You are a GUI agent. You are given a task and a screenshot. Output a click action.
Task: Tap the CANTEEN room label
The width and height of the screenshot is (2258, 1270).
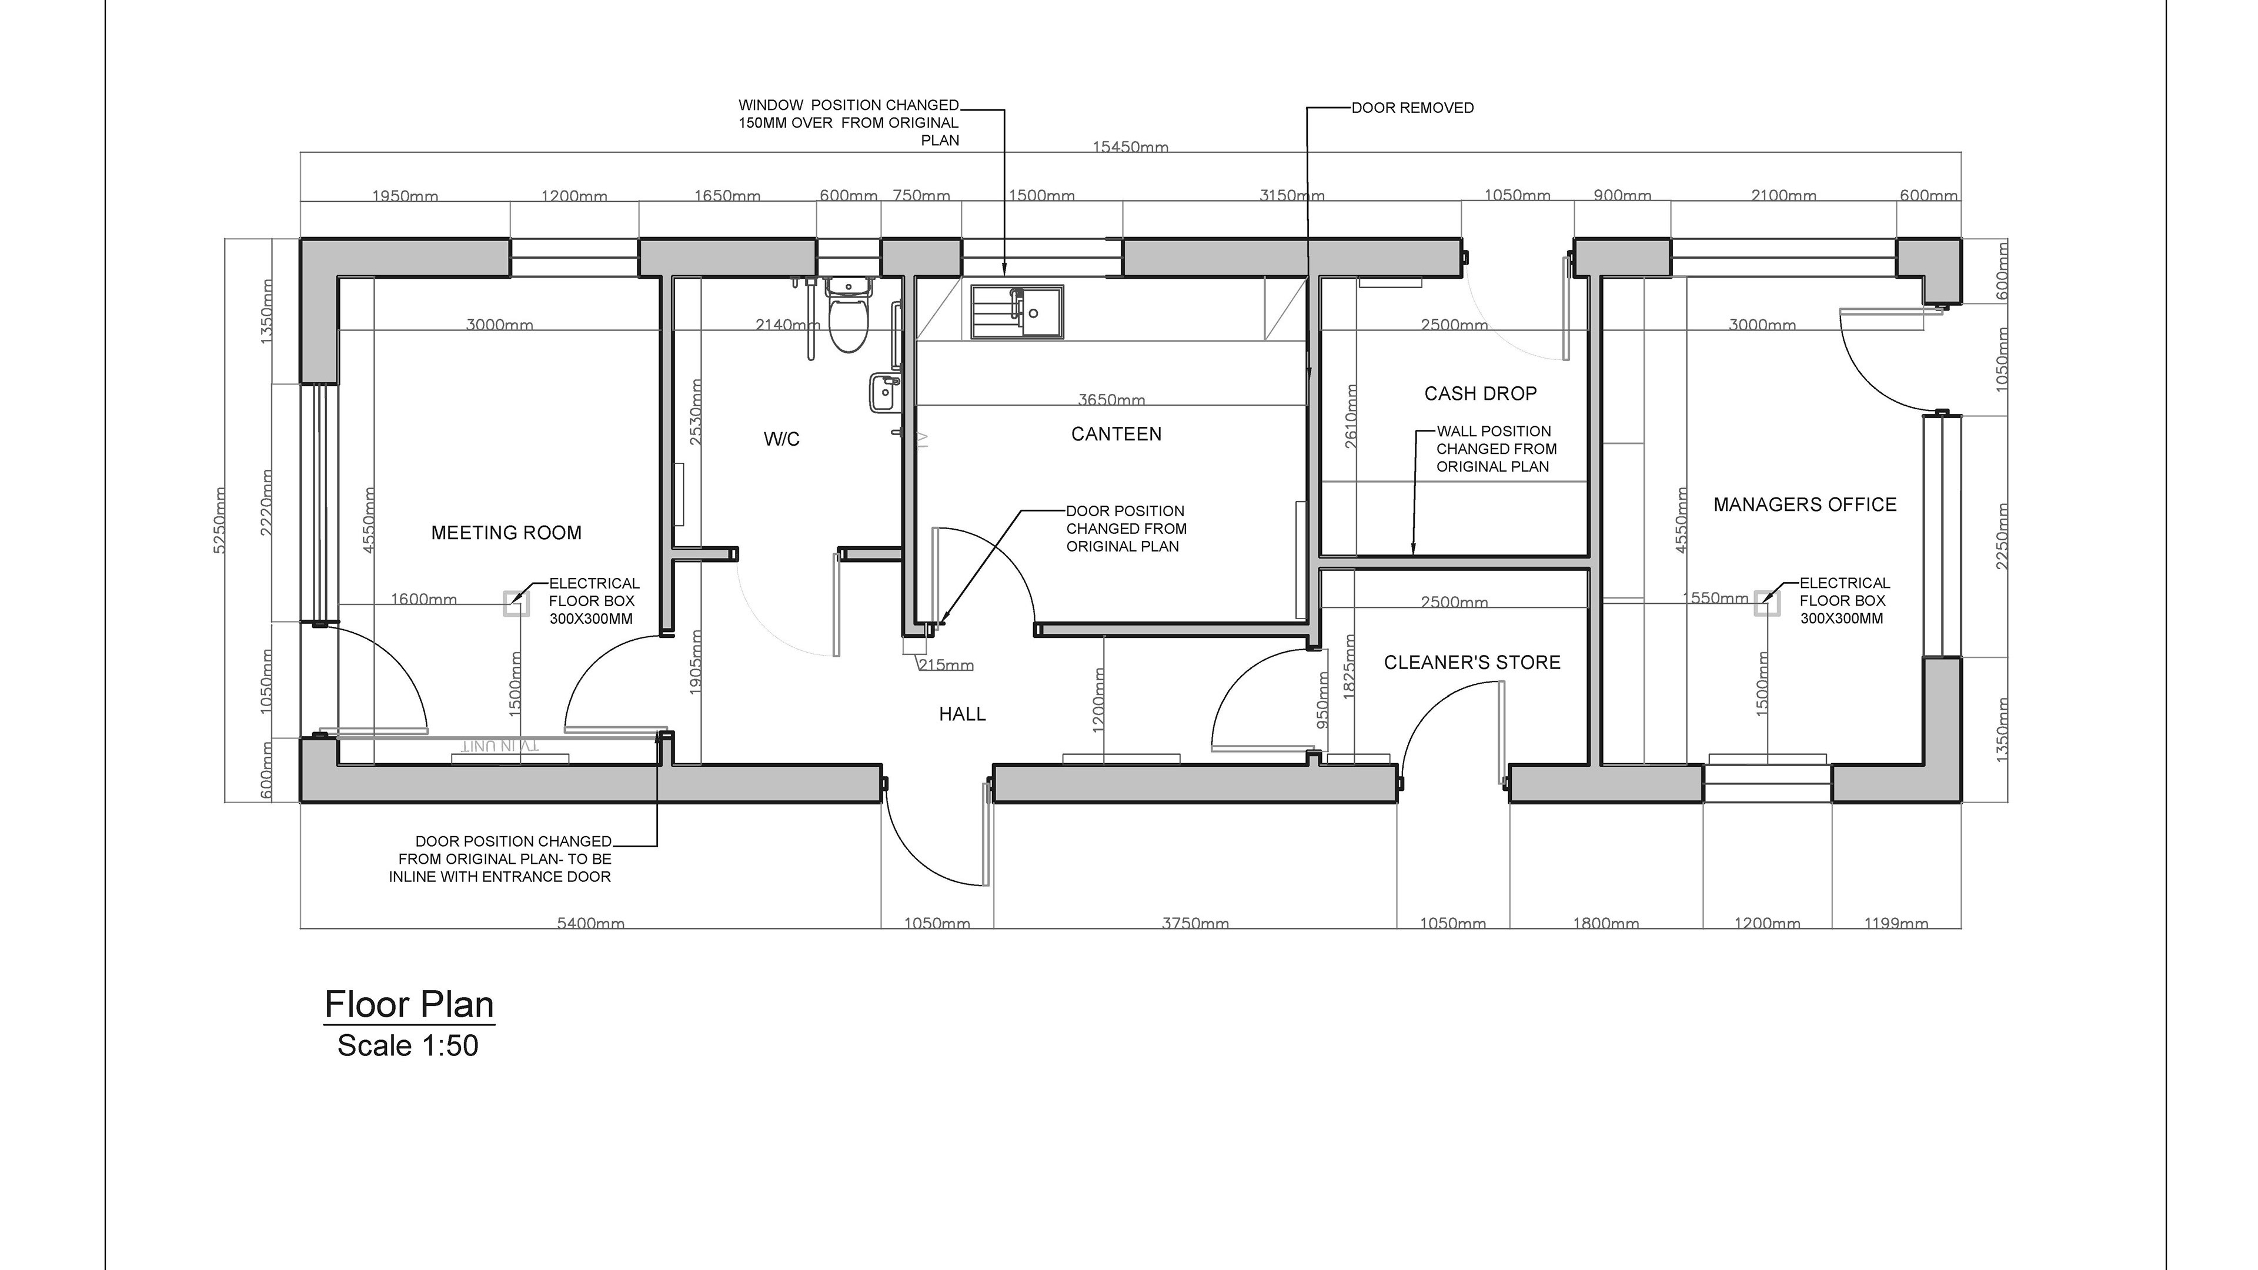(x=1116, y=434)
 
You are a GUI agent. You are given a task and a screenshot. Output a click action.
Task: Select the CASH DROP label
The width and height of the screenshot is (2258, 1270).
(x=1481, y=393)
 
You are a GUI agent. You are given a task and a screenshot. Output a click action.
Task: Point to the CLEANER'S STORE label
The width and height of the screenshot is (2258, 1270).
(x=1472, y=663)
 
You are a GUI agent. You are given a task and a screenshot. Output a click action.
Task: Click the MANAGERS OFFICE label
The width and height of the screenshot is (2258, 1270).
(x=1805, y=505)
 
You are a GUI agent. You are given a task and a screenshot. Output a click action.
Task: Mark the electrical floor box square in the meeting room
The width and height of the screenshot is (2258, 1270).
(x=516, y=603)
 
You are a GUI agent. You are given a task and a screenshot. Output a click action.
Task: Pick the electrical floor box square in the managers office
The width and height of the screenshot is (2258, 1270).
(x=1766, y=603)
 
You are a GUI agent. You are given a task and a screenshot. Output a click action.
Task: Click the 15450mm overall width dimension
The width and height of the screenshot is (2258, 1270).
(x=1130, y=147)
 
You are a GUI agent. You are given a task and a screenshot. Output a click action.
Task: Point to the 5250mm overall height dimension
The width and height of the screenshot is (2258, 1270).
(x=220, y=520)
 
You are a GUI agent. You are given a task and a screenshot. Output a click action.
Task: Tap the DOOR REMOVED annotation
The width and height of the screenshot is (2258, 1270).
(x=1412, y=108)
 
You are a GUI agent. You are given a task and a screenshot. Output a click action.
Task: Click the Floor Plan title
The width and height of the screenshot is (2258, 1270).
(x=409, y=1004)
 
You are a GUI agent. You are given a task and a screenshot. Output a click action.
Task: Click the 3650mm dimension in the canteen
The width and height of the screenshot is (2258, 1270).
(x=1111, y=400)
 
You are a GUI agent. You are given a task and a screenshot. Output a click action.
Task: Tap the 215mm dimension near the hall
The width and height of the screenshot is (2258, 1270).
(x=946, y=665)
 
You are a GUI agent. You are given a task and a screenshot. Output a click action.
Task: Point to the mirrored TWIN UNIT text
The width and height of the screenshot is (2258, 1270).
(x=500, y=746)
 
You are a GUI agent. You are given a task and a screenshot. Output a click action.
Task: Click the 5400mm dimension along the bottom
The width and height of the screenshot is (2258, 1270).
(x=591, y=923)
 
